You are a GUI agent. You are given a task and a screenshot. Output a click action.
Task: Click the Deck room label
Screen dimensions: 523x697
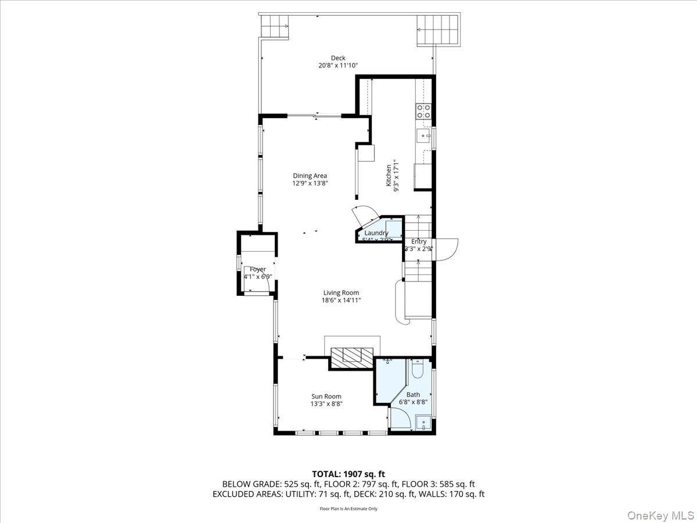tap(338, 58)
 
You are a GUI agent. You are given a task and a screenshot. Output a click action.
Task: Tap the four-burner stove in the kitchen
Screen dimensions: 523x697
tap(423, 111)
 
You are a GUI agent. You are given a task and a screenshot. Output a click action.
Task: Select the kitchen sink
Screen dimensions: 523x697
tap(423, 137)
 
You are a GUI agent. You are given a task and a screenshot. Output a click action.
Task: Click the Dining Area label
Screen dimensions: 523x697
tap(310, 175)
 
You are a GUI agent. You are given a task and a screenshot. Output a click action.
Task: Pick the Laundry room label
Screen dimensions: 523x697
tap(376, 233)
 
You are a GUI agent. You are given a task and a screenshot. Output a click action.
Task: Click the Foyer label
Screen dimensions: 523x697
tap(258, 269)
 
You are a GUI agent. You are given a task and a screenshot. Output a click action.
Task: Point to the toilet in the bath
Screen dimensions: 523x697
tap(418, 370)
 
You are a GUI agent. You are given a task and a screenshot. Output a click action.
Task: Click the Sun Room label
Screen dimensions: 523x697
tap(326, 396)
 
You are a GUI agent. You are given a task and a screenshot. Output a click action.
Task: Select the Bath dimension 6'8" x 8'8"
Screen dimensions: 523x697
tap(413, 402)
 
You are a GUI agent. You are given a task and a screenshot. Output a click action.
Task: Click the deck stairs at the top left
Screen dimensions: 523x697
tap(274, 26)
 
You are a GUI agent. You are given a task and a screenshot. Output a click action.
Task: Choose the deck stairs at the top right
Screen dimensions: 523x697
tap(438, 29)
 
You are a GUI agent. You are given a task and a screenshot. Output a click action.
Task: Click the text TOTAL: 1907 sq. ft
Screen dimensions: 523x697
tap(348, 474)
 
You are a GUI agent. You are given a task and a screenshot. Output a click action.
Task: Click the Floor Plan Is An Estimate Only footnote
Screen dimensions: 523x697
tap(348, 509)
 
